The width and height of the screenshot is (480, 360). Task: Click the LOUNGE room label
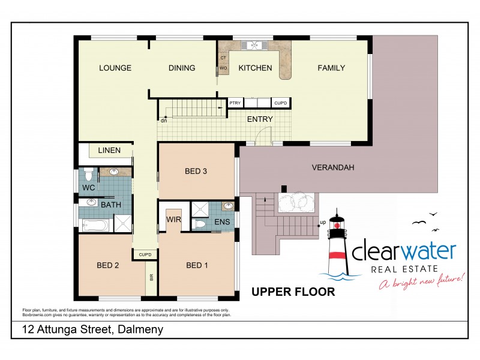pyautogui.click(x=115, y=68)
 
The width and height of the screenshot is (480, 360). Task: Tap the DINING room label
pyautogui.click(x=182, y=68)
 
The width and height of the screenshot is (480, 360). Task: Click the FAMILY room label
pyautogui.click(x=331, y=68)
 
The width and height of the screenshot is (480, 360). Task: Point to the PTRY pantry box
pyautogui.click(x=235, y=103)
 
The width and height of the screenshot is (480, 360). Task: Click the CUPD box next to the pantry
pyautogui.click(x=281, y=103)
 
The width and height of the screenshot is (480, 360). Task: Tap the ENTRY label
pyautogui.click(x=260, y=119)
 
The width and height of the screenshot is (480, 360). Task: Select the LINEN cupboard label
pyautogui.click(x=109, y=150)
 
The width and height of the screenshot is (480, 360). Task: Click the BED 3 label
pyautogui.click(x=196, y=171)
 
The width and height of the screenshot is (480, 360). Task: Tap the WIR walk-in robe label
pyautogui.click(x=173, y=219)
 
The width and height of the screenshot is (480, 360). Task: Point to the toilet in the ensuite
pyautogui.click(x=202, y=224)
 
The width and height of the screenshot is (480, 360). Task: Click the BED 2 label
pyautogui.click(x=107, y=265)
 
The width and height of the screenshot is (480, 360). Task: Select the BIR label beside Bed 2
pyautogui.click(x=151, y=278)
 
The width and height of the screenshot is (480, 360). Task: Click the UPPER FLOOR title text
pyautogui.click(x=293, y=292)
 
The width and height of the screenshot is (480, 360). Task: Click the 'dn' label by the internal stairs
pyautogui.click(x=163, y=121)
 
